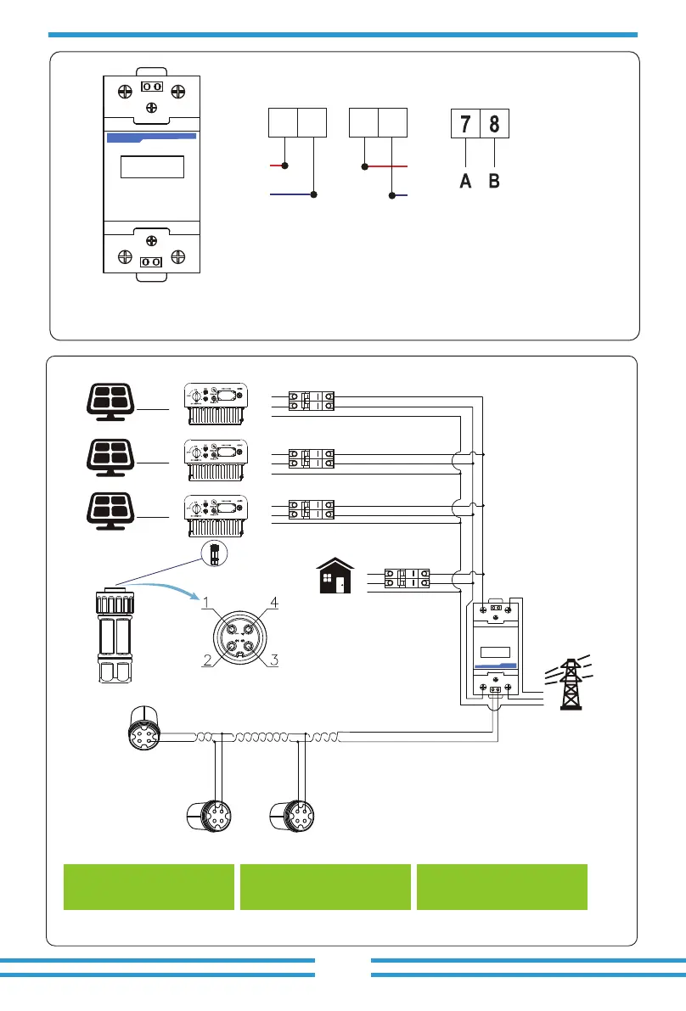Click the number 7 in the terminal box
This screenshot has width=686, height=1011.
464,125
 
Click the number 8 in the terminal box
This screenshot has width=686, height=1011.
494,125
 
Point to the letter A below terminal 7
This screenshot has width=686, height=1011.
465,181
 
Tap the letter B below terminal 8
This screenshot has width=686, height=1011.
494,181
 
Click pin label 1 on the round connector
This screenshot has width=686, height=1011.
205,604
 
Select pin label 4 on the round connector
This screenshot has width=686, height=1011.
273,603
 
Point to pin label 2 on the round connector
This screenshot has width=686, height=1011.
207,663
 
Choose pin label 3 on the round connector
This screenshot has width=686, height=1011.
273,663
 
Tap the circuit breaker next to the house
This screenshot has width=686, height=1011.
406,579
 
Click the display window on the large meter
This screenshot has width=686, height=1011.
152,166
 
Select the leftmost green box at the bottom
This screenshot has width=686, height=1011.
149,887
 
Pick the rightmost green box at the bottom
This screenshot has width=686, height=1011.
502,887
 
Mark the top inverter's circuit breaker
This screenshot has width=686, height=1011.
311,402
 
